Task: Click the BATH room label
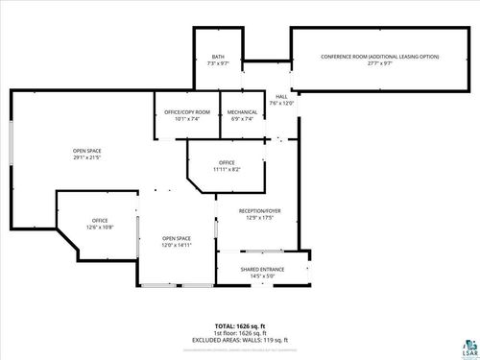pyautogui.click(x=218, y=57)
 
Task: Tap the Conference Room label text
pyautogui.click(x=379, y=57)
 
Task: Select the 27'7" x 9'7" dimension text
pyautogui.click(x=379, y=63)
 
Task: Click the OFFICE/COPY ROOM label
pyautogui.click(x=187, y=112)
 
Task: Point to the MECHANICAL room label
pyautogui.click(x=242, y=112)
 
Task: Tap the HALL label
pyautogui.click(x=281, y=97)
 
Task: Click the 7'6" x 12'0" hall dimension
pyautogui.click(x=281, y=104)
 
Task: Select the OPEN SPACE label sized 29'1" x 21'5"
pyautogui.click(x=87, y=151)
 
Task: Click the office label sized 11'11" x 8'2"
pyautogui.click(x=227, y=162)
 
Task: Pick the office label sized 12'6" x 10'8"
pyautogui.click(x=101, y=221)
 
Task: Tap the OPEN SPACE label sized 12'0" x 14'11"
pyautogui.click(x=177, y=238)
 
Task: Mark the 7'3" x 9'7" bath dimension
pyautogui.click(x=218, y=63)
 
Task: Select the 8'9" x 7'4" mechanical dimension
pyautogui.click(x=242, y=119)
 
